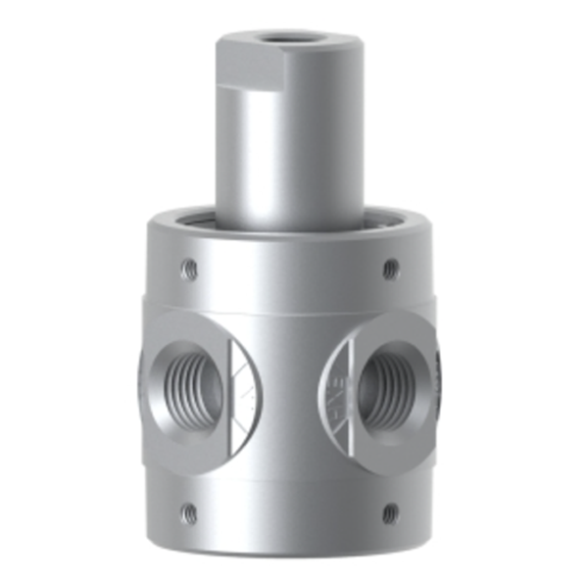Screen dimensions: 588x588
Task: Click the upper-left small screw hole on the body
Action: (x=190, y=267)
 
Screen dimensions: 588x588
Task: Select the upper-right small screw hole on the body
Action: (x=390, y=266)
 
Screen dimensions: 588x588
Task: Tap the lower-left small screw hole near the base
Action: (x=190, y=512)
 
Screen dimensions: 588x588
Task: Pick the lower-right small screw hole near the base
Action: (x=390, y=511)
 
